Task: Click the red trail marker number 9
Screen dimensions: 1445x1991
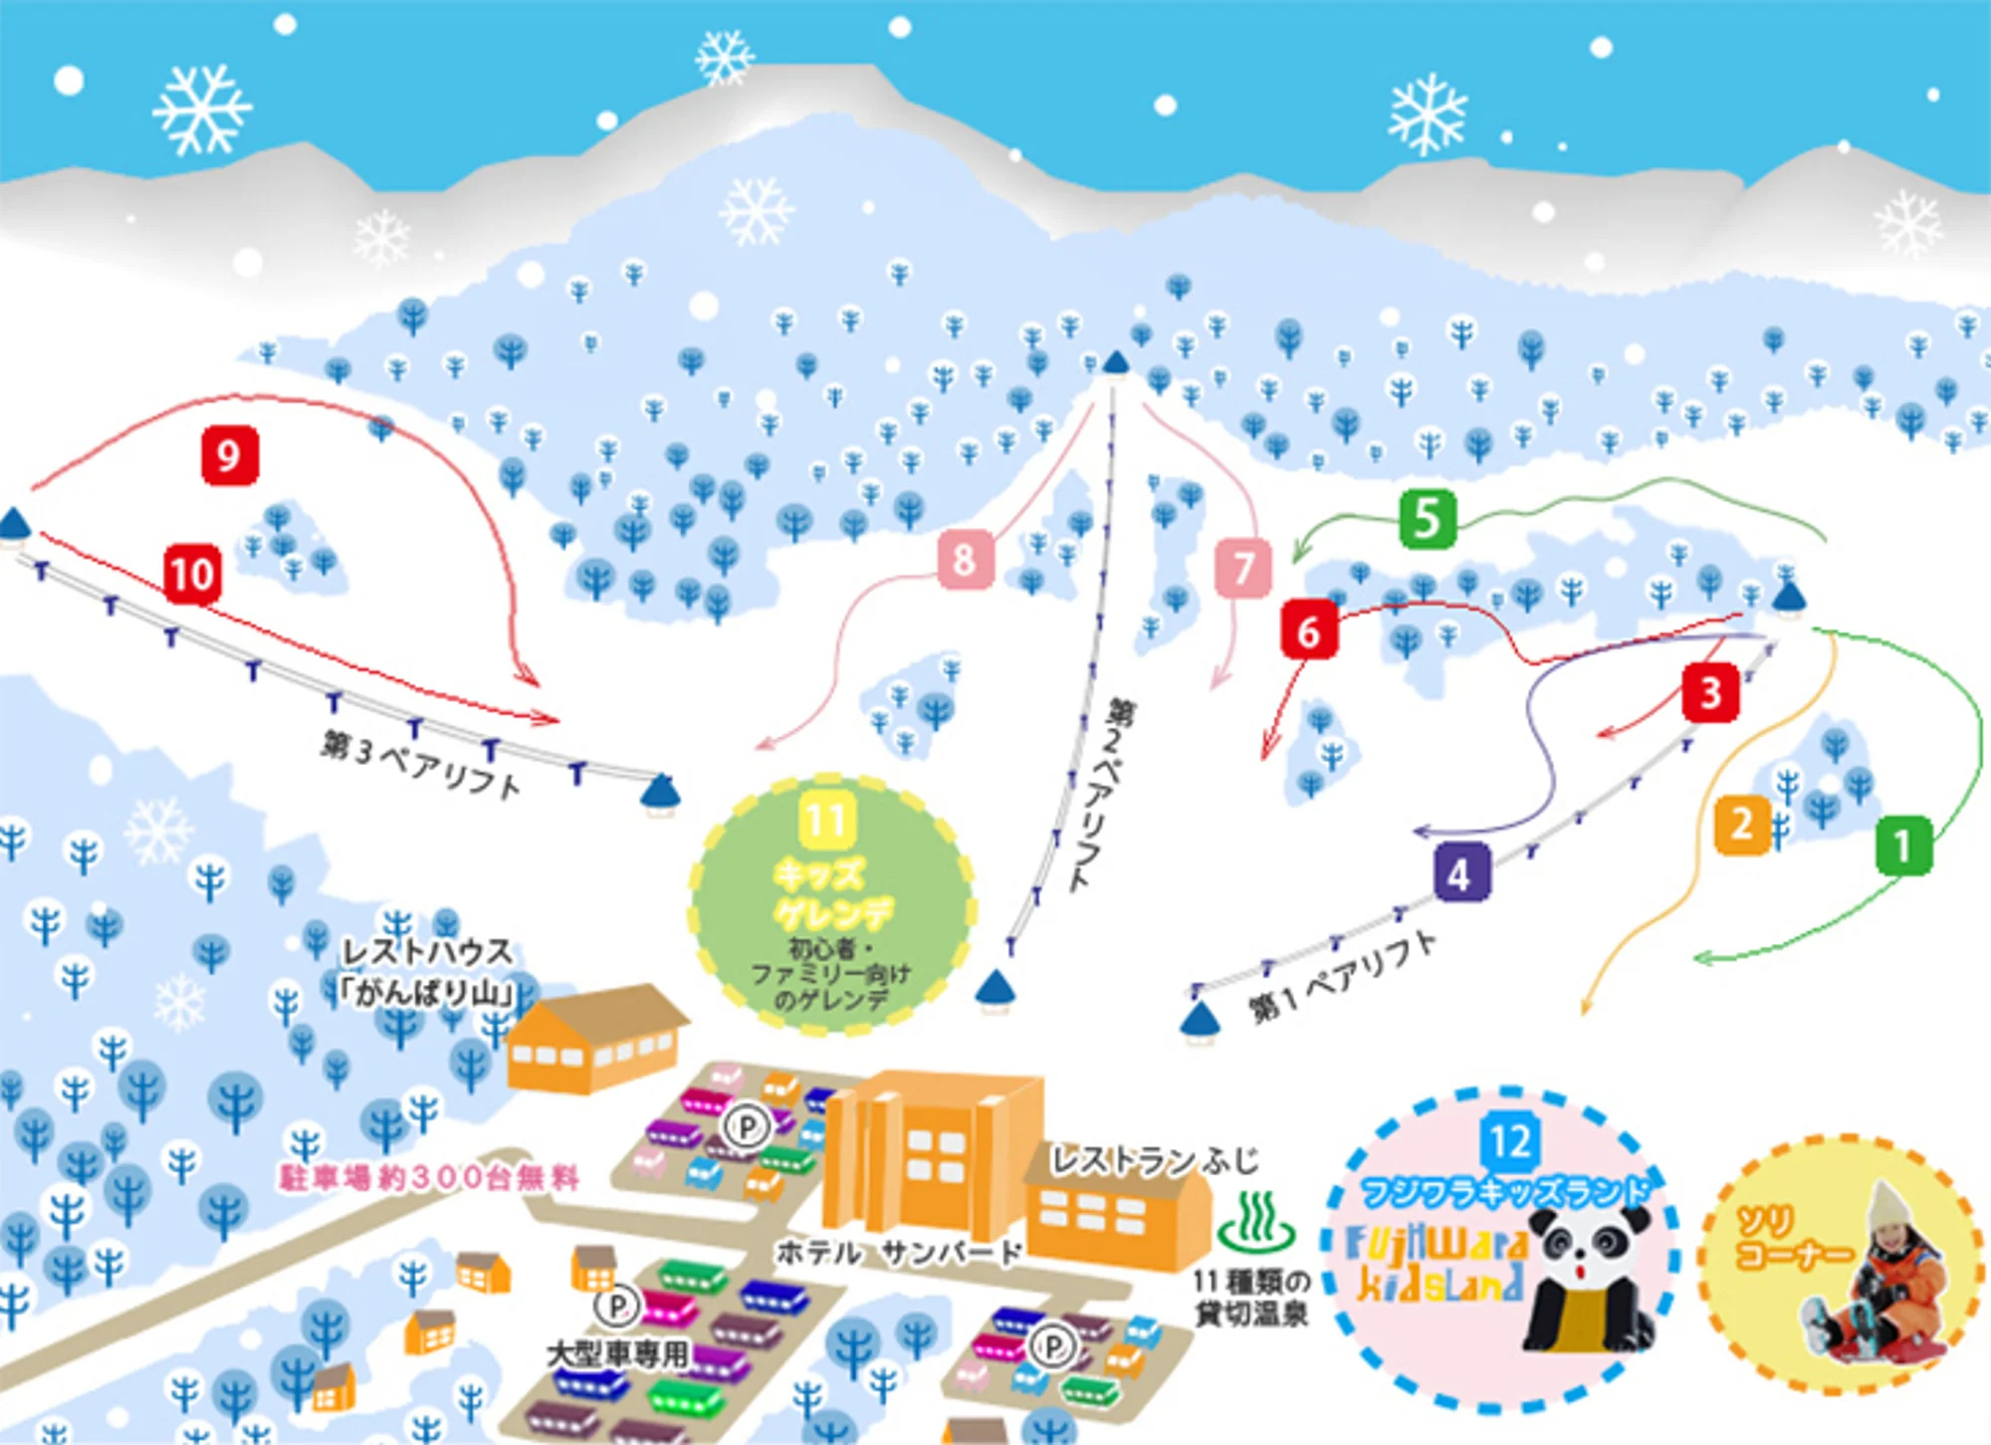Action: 230,456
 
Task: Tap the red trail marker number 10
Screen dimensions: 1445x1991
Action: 192,574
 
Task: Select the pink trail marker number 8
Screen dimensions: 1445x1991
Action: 964,560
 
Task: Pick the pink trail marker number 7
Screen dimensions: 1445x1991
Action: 1242,568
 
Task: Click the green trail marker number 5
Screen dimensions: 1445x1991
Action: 1427,519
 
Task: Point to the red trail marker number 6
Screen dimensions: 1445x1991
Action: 1308,630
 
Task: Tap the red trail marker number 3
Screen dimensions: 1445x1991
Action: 1710,692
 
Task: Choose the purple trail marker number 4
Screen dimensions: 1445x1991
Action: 1460,873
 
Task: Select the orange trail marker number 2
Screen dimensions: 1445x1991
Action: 1741,825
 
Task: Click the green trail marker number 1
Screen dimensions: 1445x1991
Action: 1902,845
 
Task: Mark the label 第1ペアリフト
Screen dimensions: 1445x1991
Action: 1343,978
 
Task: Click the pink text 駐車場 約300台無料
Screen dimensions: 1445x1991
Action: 429,1178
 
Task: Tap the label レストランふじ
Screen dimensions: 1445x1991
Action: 1155,1161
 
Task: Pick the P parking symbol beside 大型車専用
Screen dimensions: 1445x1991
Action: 616,1306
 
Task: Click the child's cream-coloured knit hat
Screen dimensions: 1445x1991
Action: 1884,1213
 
